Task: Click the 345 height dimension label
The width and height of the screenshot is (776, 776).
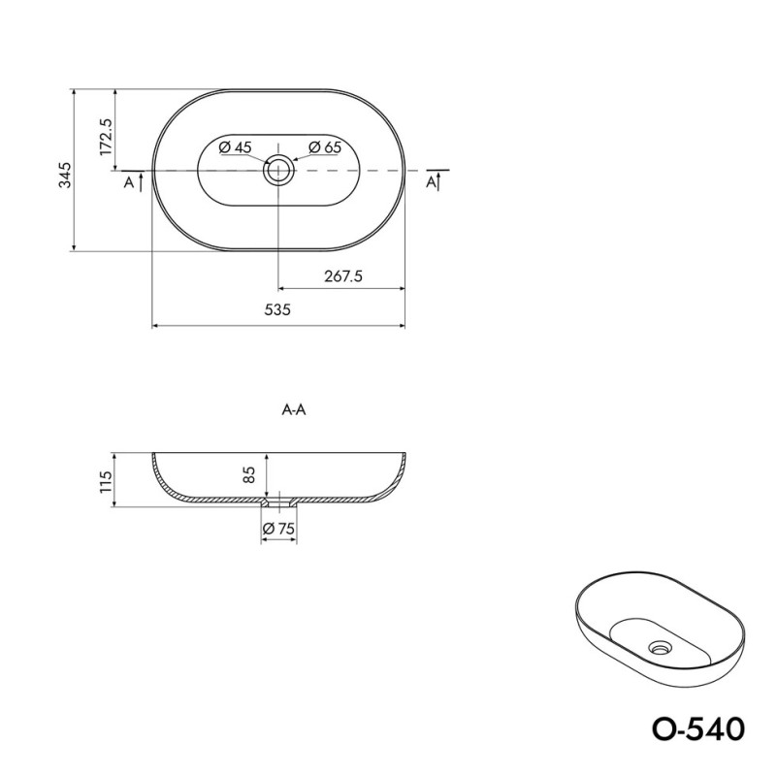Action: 65,175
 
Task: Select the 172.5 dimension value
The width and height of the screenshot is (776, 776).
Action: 107,137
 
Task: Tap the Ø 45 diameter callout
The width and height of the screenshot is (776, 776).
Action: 235,147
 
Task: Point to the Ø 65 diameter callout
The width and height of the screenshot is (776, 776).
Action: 325,147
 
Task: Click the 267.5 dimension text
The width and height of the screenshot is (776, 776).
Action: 343,275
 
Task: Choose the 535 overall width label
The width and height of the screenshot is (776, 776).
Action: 277,309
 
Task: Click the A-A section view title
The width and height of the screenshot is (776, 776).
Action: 294,409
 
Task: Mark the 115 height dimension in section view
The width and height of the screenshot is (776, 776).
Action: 106,481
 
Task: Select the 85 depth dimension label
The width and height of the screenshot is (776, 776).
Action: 249,474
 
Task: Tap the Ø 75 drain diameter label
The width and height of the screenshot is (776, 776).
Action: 278,529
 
